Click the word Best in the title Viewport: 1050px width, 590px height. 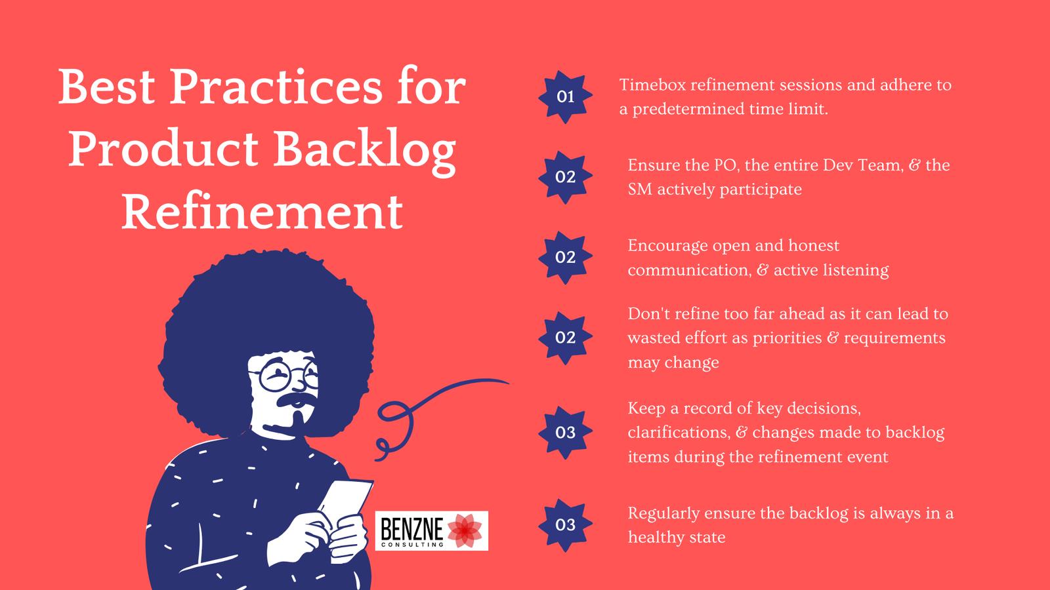tap(106, 87)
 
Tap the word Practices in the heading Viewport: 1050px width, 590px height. tap(276, 87)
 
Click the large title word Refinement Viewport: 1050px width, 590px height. tap(262, 212)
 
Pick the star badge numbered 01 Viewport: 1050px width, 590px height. tap(565, 97)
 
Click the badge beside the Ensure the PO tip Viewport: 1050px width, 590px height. tap(565, 177)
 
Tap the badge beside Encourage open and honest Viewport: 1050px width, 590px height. tap(565, 257)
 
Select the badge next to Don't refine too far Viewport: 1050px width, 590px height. tap(565, 338)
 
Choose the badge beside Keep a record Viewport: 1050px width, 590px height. tap(565, 433)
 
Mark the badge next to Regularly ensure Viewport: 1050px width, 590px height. tap(565, 525)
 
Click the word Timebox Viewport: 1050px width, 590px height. tap(652, 85)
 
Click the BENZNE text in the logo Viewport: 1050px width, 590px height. tap(412, 527)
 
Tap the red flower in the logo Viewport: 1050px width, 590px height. tap(465, 530)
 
